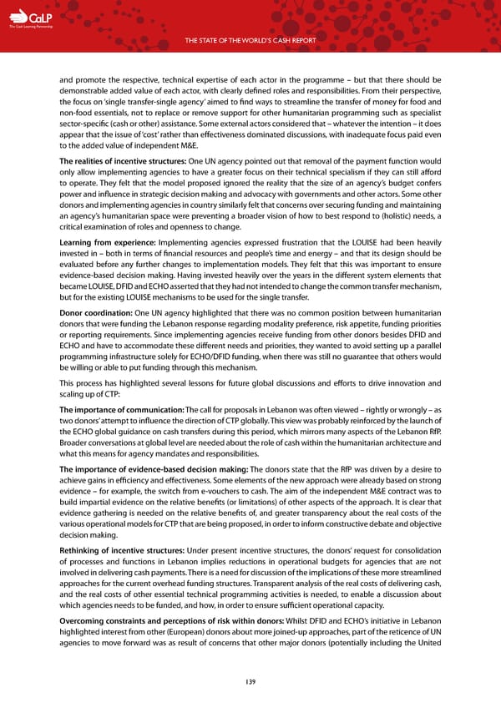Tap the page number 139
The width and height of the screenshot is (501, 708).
point(250,682)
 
